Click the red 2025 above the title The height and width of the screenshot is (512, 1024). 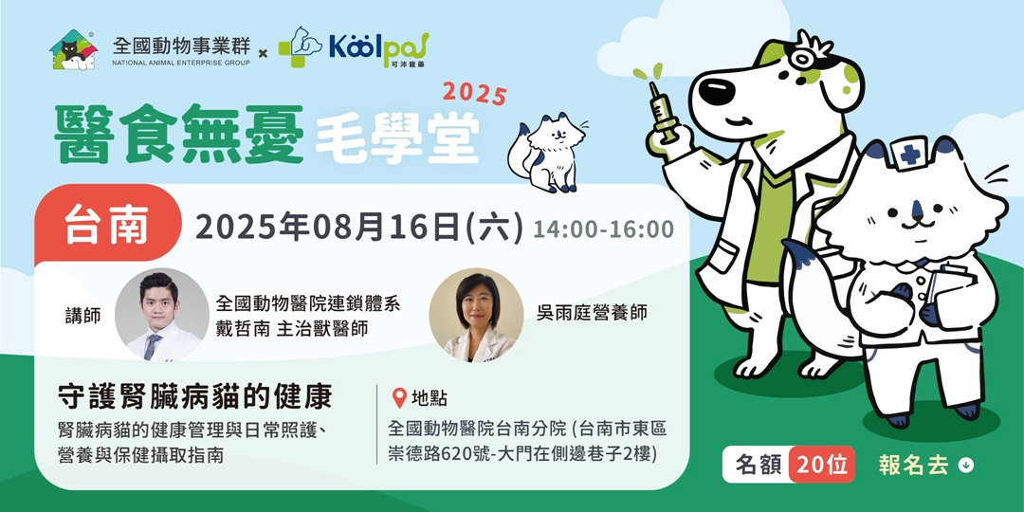[474, 94]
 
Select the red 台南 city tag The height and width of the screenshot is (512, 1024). [109, 229]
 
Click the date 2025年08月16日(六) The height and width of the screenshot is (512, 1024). [357, 229]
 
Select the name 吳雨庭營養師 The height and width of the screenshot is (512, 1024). [591, 312]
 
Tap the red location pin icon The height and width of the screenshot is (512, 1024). [399, 398]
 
